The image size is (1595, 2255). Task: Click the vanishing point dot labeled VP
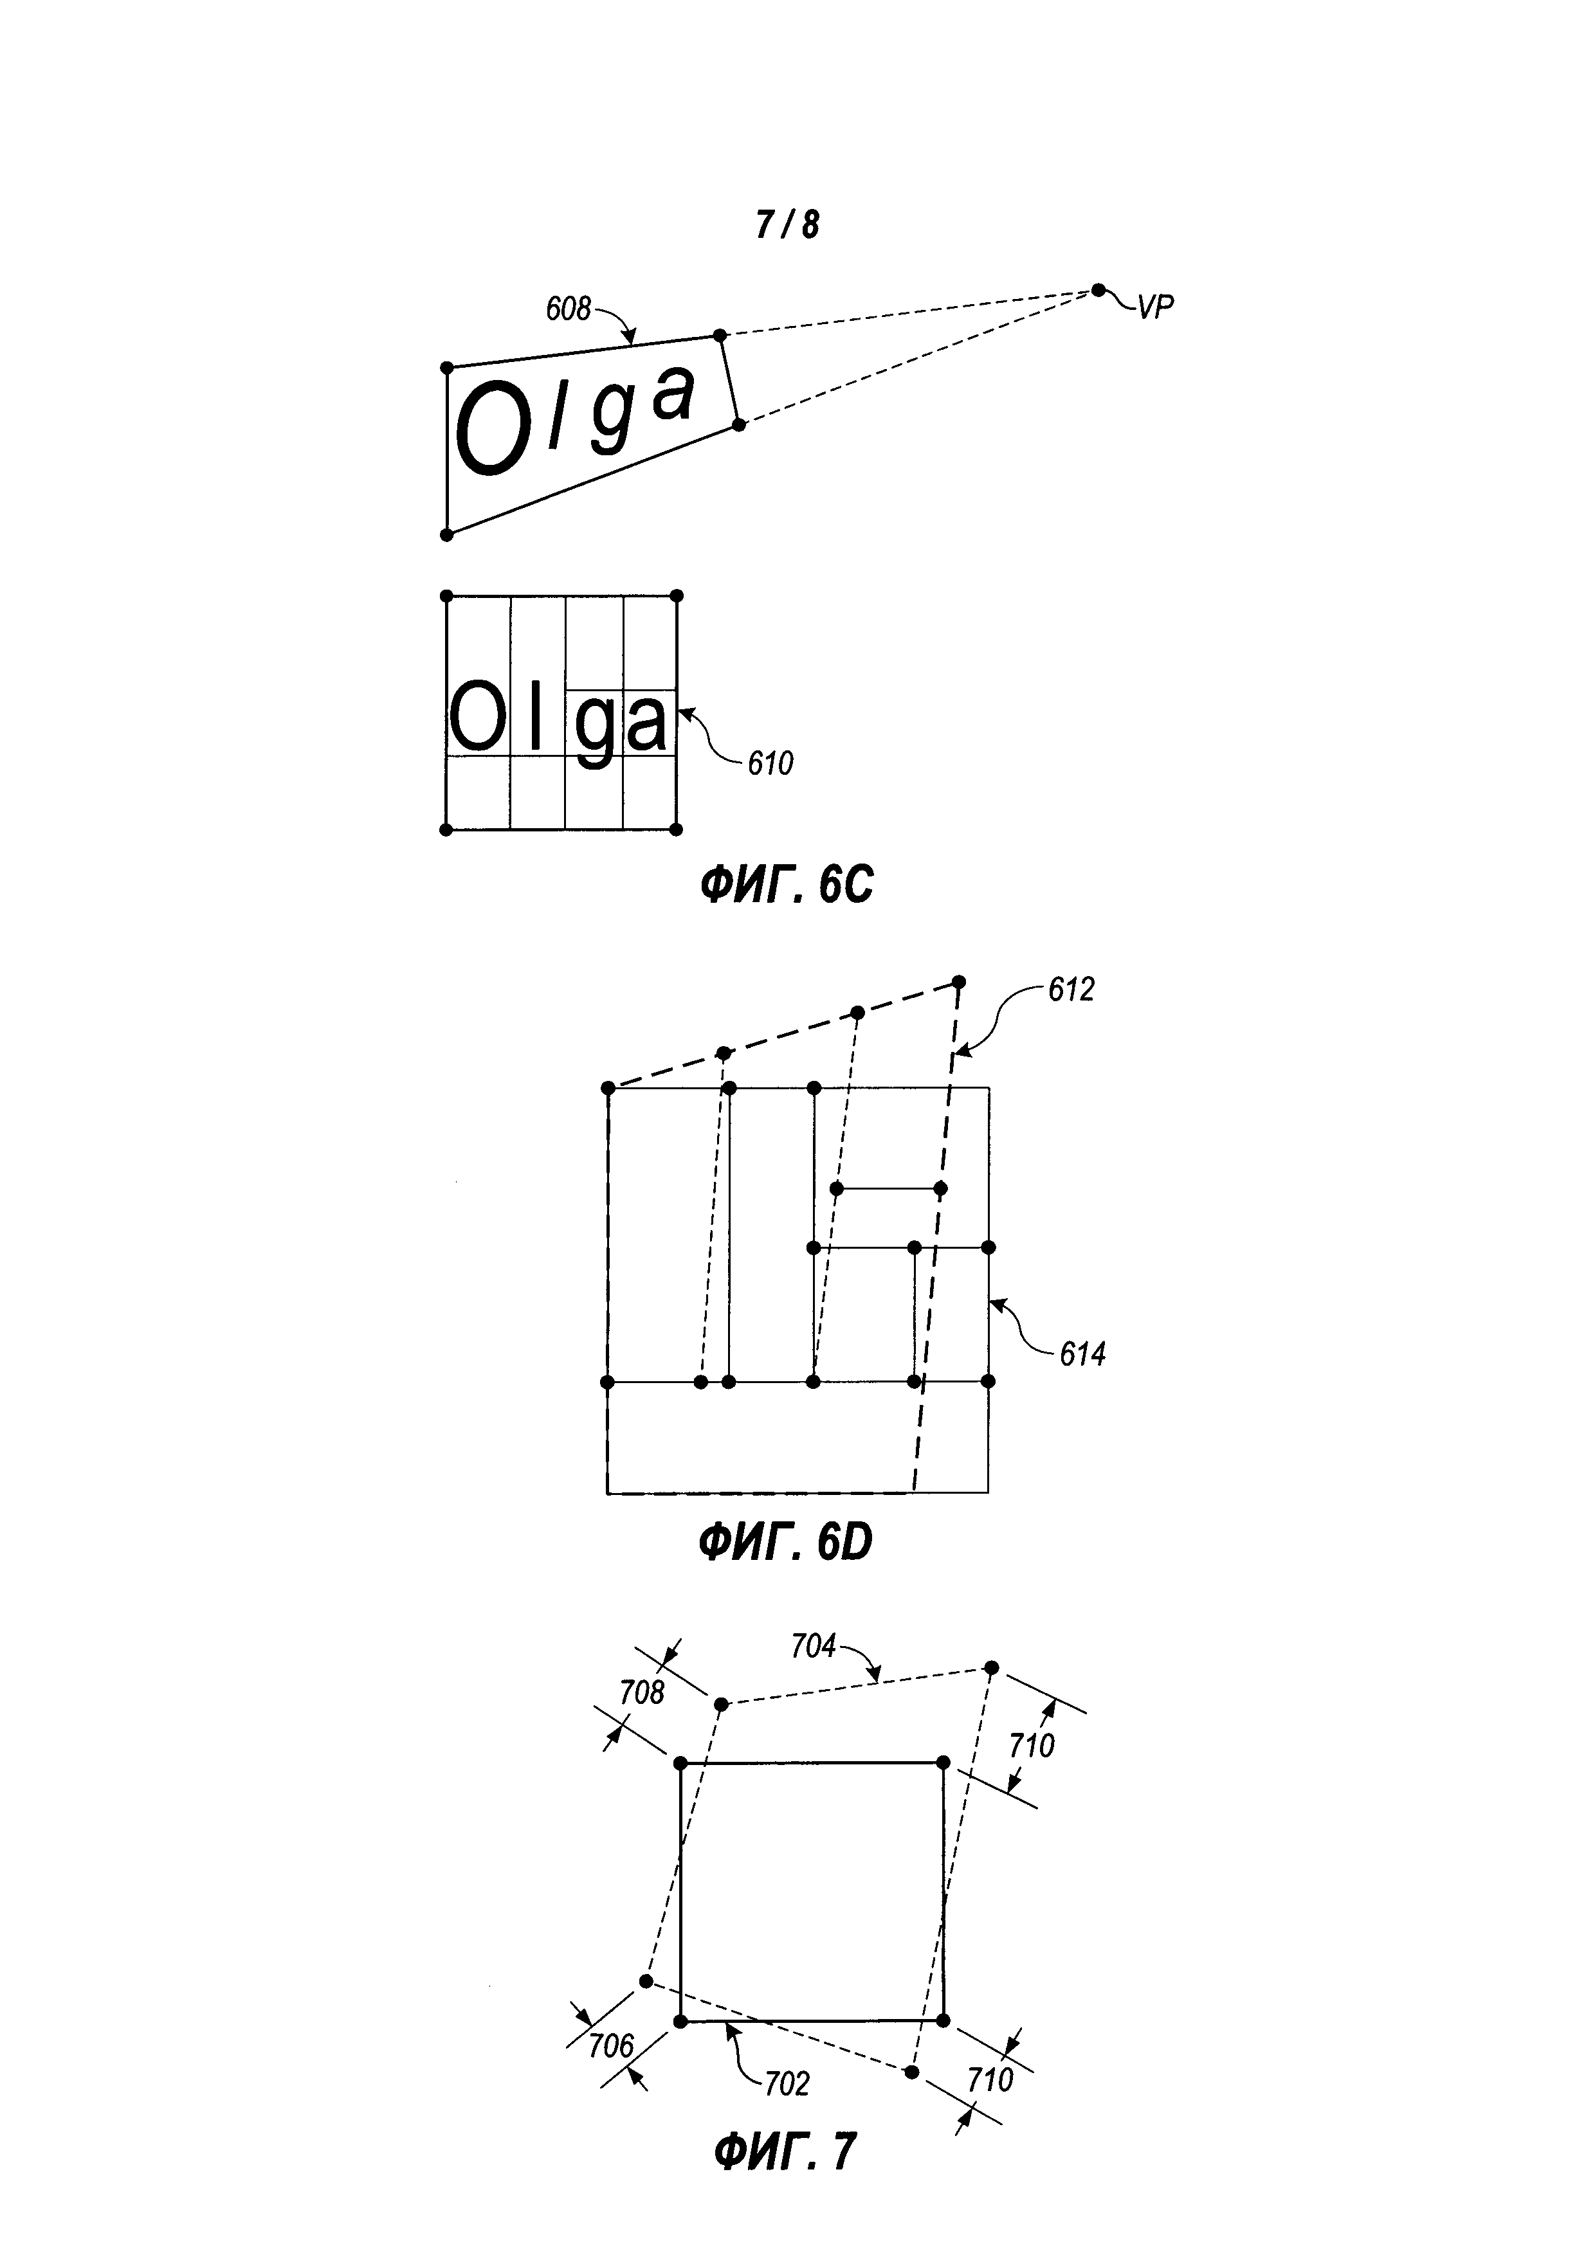click(x=1098, y=290)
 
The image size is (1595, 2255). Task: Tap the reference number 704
click(x=813, y=1646)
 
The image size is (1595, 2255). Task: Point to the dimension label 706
click(x=611, y=2046)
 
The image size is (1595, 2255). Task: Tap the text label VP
click(x=1155, y=307)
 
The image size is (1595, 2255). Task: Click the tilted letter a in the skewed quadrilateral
click(x=674, y=393)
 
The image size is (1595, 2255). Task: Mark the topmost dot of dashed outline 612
click(x=958, y=982)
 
